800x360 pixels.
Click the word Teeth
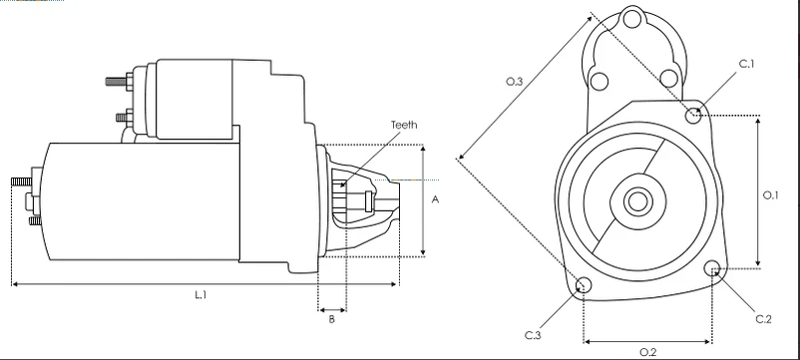404,125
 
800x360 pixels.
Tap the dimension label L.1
200,295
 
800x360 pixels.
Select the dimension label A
435,199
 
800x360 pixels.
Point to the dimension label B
331,320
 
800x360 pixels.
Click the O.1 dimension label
770,194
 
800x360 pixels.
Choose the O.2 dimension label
648,352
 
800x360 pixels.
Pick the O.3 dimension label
515,81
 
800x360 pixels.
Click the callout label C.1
746,64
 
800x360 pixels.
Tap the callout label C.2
764,319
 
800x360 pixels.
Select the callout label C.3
533,335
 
